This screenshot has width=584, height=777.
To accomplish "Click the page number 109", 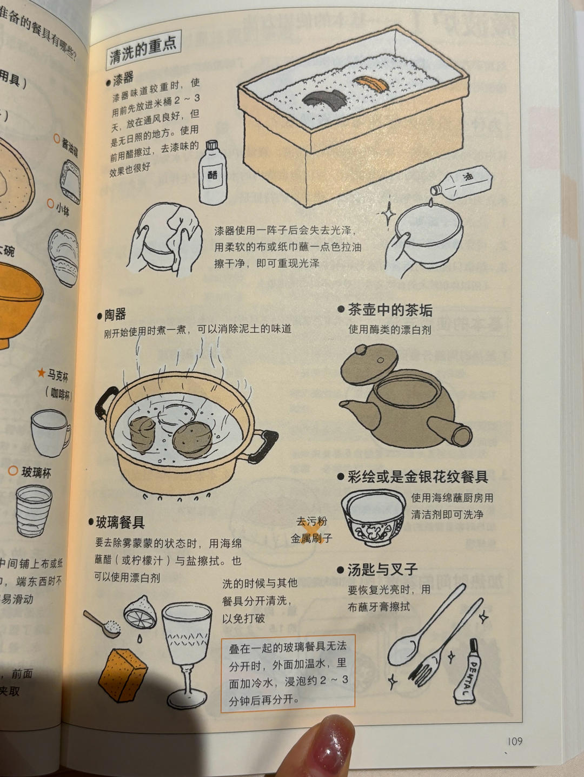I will [x=515, y=741].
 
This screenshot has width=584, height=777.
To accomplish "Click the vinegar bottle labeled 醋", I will [x=212, y=173].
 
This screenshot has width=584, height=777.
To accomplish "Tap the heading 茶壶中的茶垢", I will [x=389, y=309].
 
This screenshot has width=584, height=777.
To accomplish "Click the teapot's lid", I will [x=369, y=363].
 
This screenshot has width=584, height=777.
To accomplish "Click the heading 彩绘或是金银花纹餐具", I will [x=417, y=476].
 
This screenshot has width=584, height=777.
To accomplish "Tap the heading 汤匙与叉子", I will [x=382, y=569].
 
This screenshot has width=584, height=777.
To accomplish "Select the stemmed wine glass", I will [x=187, y=648].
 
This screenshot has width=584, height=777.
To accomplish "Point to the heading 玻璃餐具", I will [x=120, y=522].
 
